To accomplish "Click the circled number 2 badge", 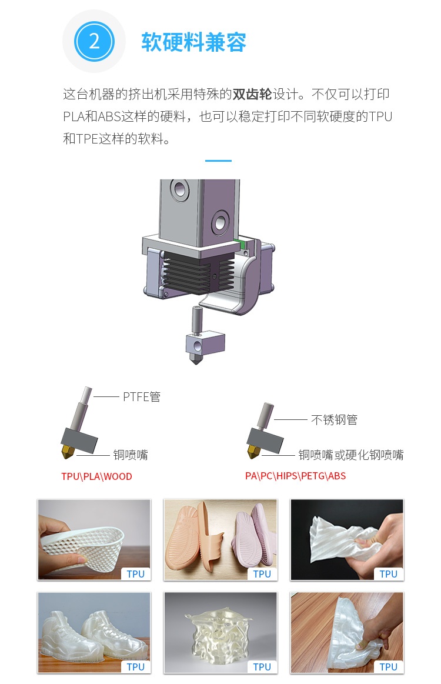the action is pos(94,41).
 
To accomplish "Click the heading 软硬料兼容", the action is pos(193,42).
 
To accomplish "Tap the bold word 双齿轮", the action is pos(252,94).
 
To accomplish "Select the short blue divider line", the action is pos(218,161).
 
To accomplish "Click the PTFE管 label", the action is pos(142,396).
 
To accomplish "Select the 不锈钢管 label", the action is pos(334,420).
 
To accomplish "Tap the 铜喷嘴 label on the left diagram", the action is pos(131,455).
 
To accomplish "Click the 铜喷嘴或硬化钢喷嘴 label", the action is pos(350,455).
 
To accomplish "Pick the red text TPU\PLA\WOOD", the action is pos(96,476).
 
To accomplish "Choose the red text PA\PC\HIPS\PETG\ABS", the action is pos(295,476).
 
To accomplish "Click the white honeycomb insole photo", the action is pos(94,539).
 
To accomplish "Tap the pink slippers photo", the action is pos(220,539).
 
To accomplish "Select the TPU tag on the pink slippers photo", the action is pos(262,574).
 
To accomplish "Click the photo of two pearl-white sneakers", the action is pos(94,632).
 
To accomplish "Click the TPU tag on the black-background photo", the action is pos(388,574).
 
